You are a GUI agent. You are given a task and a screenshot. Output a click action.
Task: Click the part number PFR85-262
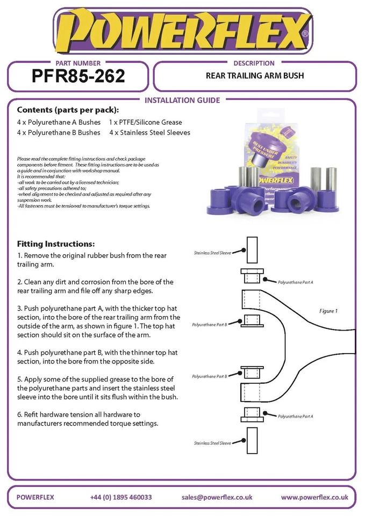pos(78,76)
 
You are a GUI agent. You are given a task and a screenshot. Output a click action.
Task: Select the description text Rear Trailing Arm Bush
pos(255,76)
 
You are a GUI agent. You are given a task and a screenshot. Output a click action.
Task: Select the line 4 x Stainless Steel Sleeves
pos(149,133)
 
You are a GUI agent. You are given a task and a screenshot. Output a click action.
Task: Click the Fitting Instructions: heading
pos(56,243)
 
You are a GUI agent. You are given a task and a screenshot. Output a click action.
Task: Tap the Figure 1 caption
pos(328,311)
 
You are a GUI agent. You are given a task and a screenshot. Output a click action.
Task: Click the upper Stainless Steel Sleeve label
pos(212,253)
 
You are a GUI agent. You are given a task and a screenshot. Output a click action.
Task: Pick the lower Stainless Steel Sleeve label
pos(212,443)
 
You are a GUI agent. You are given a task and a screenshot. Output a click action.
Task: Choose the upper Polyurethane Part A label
pos(295,282)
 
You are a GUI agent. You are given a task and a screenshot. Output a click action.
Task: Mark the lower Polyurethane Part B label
pos(210,376)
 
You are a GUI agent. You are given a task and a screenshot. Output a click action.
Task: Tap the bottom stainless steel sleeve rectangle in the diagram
pos(253,441)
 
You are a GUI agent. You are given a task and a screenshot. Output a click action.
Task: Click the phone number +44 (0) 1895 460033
pos(121,497)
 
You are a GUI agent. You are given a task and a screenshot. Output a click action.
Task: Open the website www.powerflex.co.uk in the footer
pos(314,497)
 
